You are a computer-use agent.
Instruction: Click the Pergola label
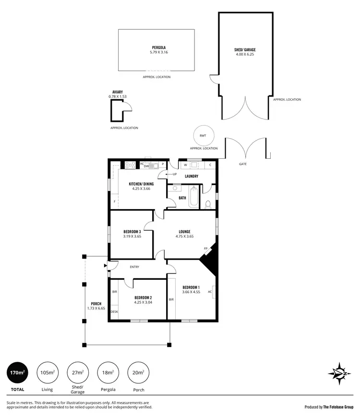coord(156,48)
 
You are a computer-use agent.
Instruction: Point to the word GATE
coord(243,164)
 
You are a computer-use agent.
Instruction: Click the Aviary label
coord(118,92)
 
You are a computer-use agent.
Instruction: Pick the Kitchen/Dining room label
coord(141,184)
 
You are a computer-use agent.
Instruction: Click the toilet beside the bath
coord(208,205)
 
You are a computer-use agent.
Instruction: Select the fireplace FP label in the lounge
coord(205,248)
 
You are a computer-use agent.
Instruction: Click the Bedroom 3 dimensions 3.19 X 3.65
coord(132,236)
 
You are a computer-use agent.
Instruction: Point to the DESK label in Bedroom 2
coord(114,312)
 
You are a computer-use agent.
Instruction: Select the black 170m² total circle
coord(18,372)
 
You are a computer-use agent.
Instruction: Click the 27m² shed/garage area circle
coord(77,372)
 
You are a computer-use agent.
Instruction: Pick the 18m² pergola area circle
coord(108,372)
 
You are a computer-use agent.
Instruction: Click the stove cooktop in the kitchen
coord(130,165)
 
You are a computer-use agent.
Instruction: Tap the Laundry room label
coord(192,176)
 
